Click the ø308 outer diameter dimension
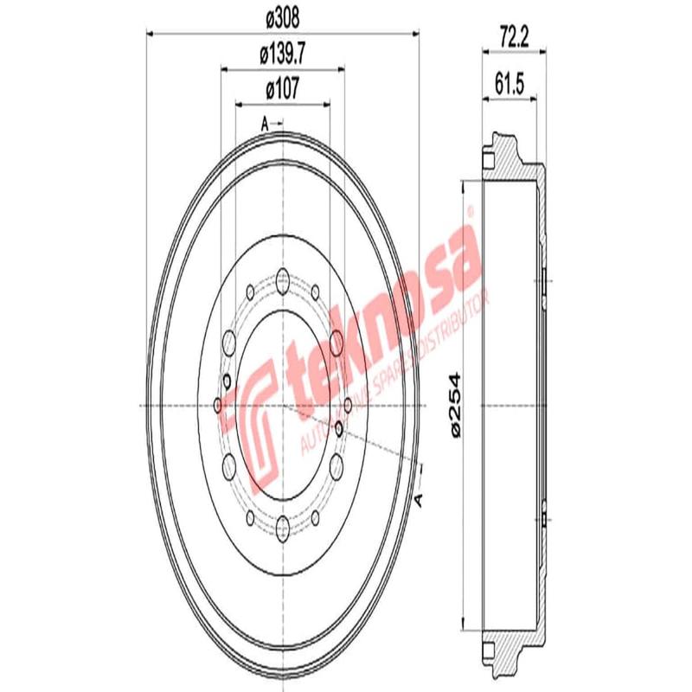tap(283, 15)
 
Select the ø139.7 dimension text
tap(283, 54)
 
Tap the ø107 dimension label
tap(283, 87)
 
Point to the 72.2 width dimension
tap(514, 35)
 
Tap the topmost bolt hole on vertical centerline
tap(283, 279)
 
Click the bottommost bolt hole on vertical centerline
tap(283, 524)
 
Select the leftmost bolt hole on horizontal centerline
tap(217, 404)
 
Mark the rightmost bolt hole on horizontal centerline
tap(347, 404)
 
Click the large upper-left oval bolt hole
tap(230, 341)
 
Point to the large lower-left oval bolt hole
tap(230, 468)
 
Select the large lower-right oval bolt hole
tap(336, 468)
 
